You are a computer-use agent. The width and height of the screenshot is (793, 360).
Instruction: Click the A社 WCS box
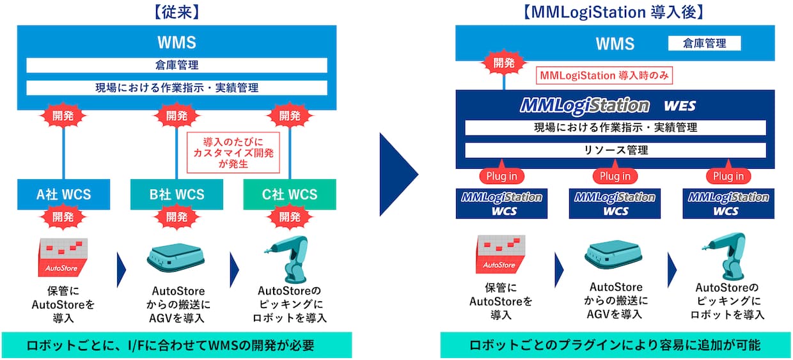63,194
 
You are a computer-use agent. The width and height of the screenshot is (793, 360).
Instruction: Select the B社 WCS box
177,194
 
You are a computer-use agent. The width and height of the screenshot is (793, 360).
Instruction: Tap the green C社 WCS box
289,194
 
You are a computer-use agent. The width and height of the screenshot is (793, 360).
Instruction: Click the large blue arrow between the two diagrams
398,175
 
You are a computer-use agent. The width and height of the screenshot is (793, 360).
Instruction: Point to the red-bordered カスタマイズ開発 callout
234,152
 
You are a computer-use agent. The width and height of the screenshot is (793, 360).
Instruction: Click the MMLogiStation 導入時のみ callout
604,75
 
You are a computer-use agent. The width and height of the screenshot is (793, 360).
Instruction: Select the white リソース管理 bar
615,150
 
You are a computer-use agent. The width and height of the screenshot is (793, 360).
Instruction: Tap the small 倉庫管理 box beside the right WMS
704,43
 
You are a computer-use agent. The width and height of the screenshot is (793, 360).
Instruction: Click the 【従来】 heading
177,12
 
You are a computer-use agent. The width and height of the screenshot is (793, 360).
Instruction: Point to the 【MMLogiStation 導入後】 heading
615,12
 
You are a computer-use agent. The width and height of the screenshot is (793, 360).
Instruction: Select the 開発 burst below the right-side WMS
504,63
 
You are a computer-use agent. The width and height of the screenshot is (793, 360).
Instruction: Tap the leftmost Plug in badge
502,176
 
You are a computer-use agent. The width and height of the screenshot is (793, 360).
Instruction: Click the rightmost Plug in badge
728,176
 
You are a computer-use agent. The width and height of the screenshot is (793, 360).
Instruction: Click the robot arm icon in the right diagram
726,256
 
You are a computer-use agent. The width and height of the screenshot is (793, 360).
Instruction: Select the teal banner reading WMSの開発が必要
177,345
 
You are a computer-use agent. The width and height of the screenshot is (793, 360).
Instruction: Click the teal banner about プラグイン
615,345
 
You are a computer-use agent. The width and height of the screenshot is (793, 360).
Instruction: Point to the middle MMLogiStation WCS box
615,203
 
